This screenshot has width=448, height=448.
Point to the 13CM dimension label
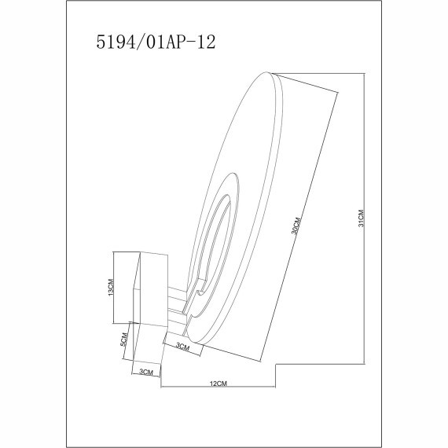pyautogui.click(x=112, y=288)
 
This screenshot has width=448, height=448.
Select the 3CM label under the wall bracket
pyautogui.click(x=145, y=372)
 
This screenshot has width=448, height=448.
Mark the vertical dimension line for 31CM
pyautogui.click(x=366, y=218)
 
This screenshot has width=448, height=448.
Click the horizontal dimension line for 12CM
pyautogui.click(x=218, y=389)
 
